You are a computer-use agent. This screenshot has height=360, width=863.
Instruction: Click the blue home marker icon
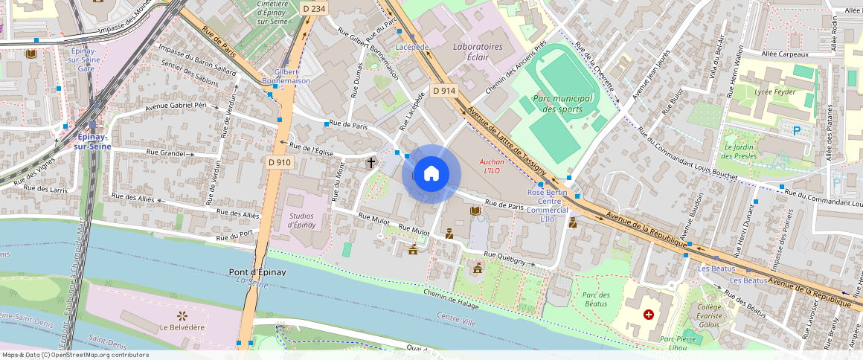[431, 174]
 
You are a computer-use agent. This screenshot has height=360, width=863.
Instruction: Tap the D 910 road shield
[279, 162]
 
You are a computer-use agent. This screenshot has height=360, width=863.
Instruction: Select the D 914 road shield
[444, 91]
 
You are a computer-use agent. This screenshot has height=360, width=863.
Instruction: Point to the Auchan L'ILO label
[492, 166]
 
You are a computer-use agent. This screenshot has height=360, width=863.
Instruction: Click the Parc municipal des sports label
[562, 103]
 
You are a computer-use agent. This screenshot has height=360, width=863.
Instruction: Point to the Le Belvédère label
[182, 327]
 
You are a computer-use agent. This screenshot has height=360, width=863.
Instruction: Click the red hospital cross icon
[648, 315]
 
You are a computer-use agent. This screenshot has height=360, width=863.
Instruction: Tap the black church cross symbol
[370, 162]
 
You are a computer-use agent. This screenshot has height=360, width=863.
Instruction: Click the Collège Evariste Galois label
[709, 315]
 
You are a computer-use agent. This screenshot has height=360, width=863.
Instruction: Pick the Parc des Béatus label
[594, 299]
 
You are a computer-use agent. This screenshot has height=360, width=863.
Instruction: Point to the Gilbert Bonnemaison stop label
[286, 75]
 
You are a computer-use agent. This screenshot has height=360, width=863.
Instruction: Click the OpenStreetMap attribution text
[75, 355]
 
